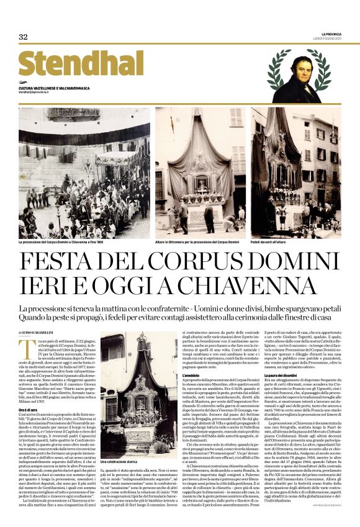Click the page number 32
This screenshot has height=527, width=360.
point(23,37)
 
